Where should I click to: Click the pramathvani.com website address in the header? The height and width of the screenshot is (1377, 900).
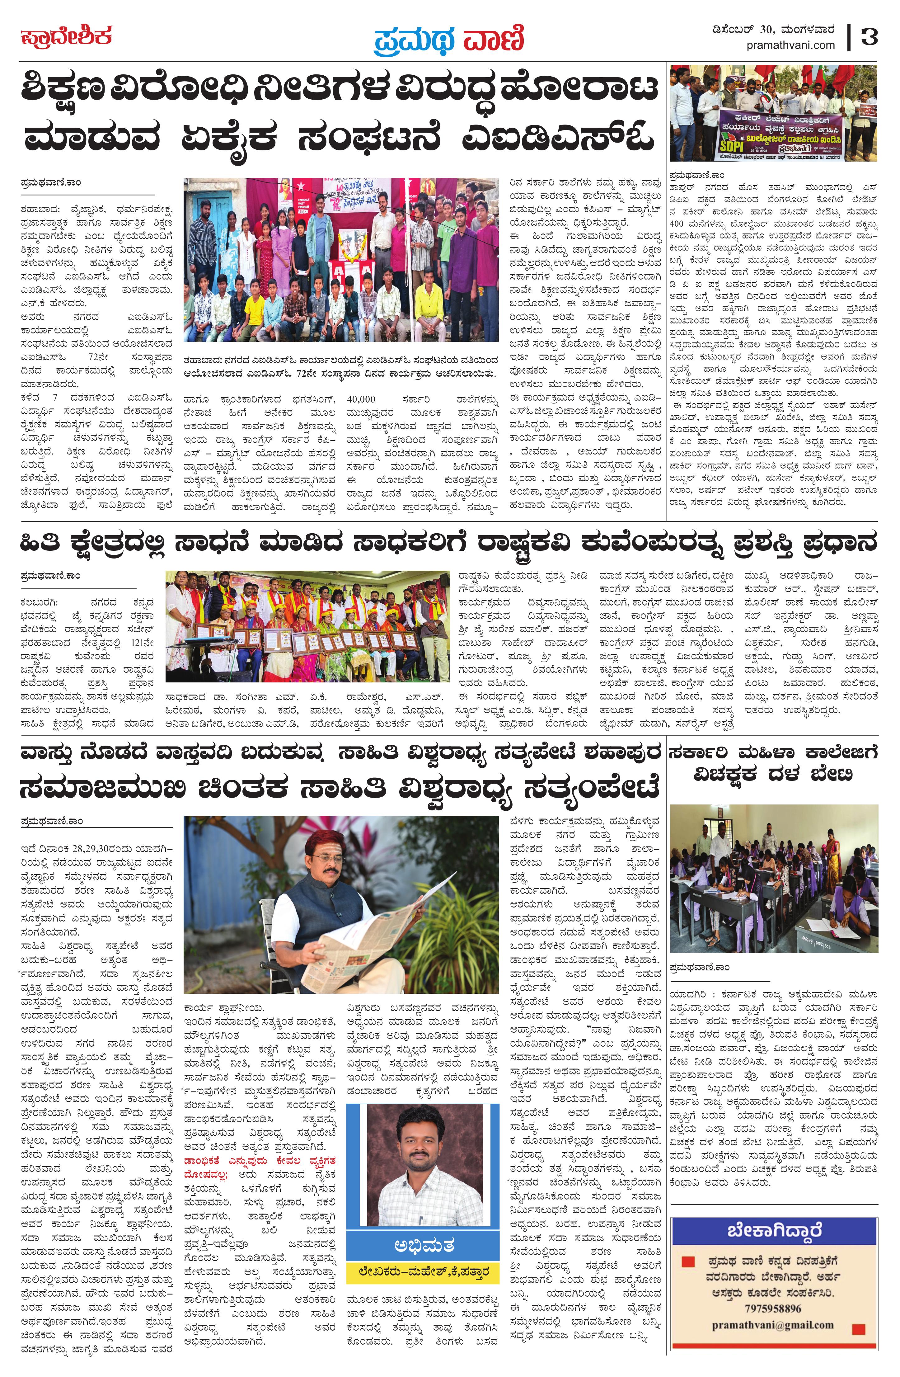tap(791, 45)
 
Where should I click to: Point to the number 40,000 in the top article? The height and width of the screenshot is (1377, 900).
tap(362, 399)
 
